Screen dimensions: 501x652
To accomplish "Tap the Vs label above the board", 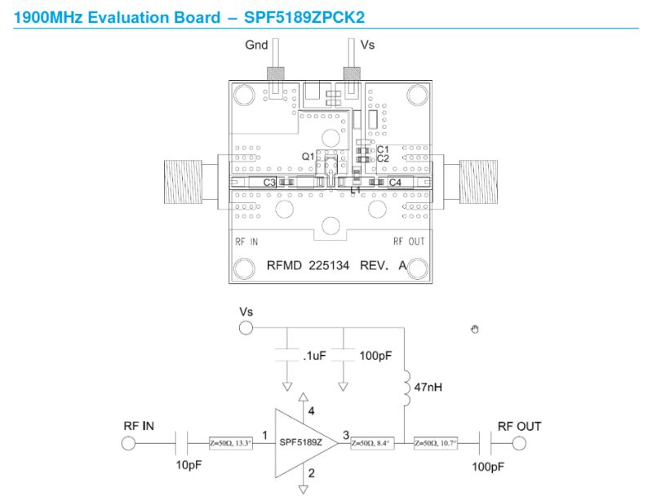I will point(367,46).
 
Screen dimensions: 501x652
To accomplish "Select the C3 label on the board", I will point(269,183).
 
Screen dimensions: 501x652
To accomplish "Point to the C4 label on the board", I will point(395,183).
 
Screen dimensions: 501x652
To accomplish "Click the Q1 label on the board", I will point(308,156).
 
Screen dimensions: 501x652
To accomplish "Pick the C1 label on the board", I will point(383,149).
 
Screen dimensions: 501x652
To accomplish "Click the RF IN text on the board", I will point(246,242).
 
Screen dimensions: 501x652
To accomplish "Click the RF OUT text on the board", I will point(409,242).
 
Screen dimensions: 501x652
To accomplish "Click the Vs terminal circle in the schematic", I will point(245,328).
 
